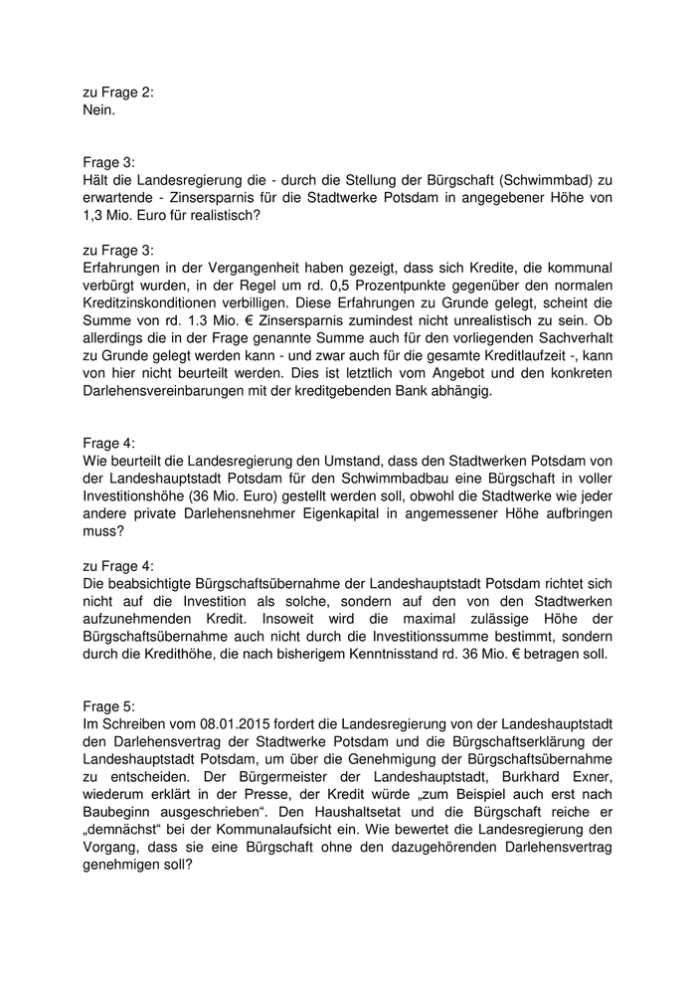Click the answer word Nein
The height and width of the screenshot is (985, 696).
[x=99, y=111]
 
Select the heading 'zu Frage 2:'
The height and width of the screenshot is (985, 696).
[x=118, y=94]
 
